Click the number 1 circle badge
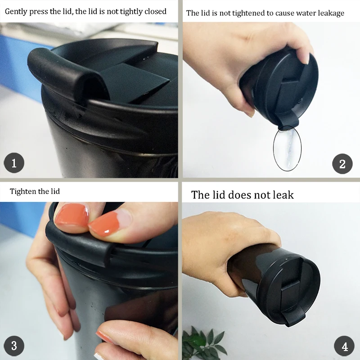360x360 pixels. (14, 163)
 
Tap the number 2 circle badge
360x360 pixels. (342, 164)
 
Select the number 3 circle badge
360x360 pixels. (14, 346)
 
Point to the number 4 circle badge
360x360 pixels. (344, 346)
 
